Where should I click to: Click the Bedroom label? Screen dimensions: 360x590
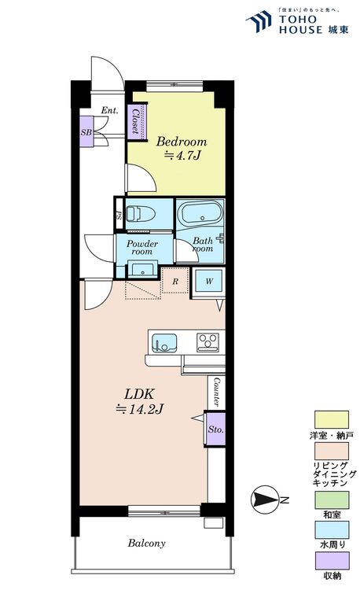(182, 142)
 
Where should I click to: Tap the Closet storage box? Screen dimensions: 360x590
(137, 121)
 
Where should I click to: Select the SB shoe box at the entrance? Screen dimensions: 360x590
(86, 131)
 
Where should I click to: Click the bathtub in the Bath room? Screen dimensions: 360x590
(200, 215)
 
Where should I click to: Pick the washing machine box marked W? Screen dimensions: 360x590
(209, 281)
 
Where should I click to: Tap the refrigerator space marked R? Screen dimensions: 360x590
(175, 281)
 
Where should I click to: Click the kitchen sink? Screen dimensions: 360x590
(164, 342)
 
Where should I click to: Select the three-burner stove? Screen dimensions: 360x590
(208, 342)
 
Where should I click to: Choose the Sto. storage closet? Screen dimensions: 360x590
(215, 430)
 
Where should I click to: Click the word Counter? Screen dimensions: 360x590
(216, 392)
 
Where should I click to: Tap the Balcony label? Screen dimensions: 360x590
(146, 544)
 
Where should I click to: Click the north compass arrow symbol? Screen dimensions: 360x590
(265, 500)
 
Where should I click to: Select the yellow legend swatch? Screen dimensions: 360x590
(332, 419)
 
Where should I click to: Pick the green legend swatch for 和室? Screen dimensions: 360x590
(332, 500)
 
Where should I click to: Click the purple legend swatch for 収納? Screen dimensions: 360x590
(332, 561)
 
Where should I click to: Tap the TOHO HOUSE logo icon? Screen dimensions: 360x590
(259, 21)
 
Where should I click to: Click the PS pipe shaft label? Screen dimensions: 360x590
(119, 216)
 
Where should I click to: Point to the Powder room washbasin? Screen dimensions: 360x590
(142, 270)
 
